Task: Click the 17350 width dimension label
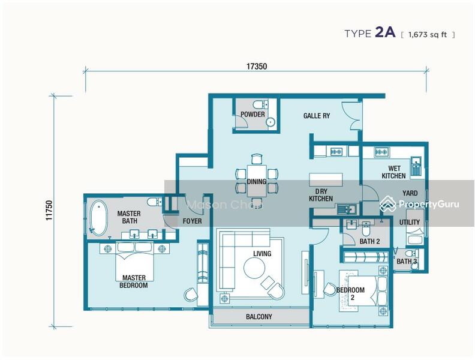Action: click(x=256, y=66)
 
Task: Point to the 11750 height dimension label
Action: click(x=49, y=211)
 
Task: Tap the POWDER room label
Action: click(x=252, y=114)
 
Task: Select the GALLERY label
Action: click(x=317, y=115)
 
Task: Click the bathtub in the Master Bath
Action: click(x=98, y=218)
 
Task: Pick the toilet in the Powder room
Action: click(x=260, y=105)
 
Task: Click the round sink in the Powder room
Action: click(x=270, y=122)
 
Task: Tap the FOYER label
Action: click(x=192, y=221)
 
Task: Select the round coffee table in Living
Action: click(x=254, y=268)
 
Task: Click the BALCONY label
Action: click(x=259, y=317)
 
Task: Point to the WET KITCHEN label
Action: click(x=394, y=172)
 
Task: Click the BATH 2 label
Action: click(x=369, y=242)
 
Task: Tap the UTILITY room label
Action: click(x=409, y=222)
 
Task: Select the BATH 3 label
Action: click(x=407, y=261)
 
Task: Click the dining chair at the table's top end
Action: click(x=257, y=159)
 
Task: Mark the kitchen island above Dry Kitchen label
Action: click(x=326, y=179)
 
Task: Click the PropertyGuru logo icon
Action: click(x=388, y=203)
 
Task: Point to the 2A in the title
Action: click(x=385, y=32)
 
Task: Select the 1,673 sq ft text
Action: click(x=428, y=35)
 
